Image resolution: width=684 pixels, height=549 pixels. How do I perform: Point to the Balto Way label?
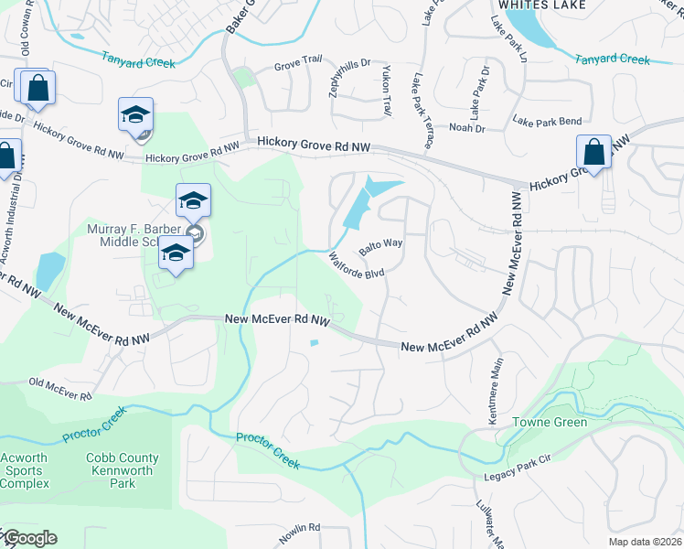[x=380, y=246]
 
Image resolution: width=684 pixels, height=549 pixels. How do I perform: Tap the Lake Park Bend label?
[x=547, y=121]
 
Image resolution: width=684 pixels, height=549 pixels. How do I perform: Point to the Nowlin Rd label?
[x=302, y=527]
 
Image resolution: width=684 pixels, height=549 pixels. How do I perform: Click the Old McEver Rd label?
[x=60, y=388]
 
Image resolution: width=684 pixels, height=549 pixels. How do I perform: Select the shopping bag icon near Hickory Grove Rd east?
[x=593, y=153]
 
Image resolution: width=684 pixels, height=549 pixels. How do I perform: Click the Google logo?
[x=29, y=538]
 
